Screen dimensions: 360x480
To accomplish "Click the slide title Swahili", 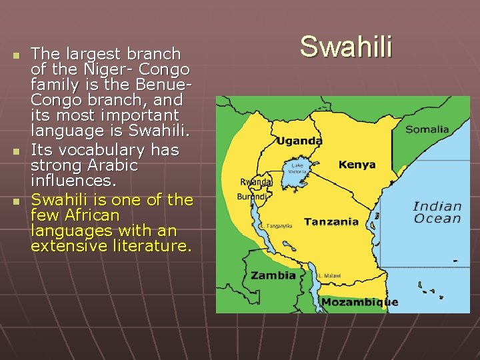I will point(346,47).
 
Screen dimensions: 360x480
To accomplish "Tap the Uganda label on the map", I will point(299,141).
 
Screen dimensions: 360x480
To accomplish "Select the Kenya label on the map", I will point(357,165).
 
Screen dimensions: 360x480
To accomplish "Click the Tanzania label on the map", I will point(331,222).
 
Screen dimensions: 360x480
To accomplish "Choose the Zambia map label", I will point(273,275).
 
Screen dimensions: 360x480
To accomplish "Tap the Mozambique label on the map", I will point(359,302).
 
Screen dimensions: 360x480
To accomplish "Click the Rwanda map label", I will point(255,182).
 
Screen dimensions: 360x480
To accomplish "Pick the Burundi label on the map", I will point(253,197).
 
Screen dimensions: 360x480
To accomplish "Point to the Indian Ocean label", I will point(437,213).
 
